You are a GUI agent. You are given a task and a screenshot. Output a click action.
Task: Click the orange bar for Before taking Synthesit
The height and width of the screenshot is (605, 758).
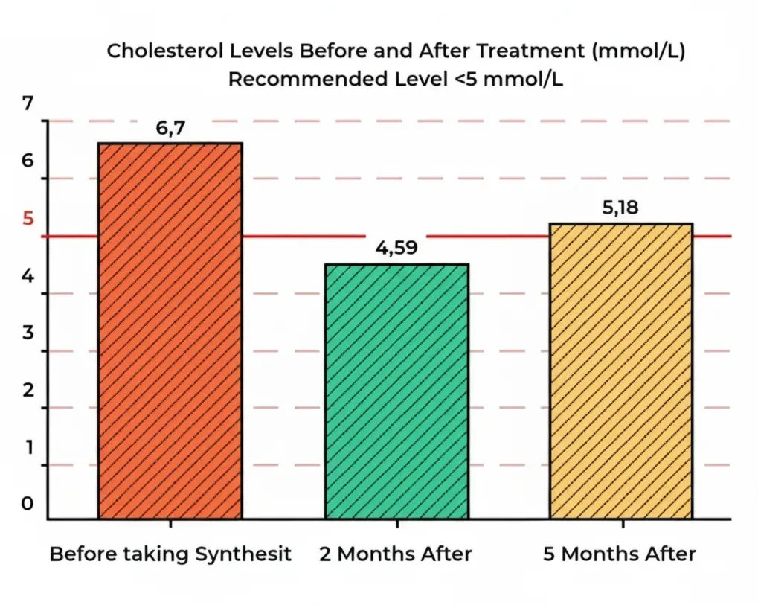170,330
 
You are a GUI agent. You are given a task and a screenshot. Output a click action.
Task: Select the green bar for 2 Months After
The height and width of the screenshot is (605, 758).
396,391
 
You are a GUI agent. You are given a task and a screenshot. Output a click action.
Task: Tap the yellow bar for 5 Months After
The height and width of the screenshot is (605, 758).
621,371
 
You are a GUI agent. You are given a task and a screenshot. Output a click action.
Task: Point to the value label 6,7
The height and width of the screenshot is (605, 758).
170,129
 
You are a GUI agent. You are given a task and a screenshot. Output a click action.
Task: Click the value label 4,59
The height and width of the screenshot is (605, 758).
396,249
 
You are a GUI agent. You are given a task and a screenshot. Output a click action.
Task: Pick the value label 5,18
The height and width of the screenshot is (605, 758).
620,208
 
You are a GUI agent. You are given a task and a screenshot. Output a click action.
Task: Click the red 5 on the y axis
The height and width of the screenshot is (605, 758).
28,220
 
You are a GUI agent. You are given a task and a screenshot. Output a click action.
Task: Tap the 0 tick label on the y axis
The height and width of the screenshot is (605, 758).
28,504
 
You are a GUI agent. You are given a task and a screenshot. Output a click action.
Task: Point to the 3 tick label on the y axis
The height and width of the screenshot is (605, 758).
28,333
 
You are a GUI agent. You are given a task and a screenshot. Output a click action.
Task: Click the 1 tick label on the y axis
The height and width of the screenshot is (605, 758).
28,447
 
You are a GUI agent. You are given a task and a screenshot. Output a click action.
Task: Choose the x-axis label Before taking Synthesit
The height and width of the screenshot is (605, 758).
170,554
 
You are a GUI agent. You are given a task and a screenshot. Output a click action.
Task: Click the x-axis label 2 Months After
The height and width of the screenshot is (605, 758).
396,554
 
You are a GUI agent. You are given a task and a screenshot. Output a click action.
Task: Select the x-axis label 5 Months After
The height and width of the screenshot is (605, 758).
620,554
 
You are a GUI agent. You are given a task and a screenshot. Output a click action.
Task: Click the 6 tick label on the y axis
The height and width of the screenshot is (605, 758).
28,161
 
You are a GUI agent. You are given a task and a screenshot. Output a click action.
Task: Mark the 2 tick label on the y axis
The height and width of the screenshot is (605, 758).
28,390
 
